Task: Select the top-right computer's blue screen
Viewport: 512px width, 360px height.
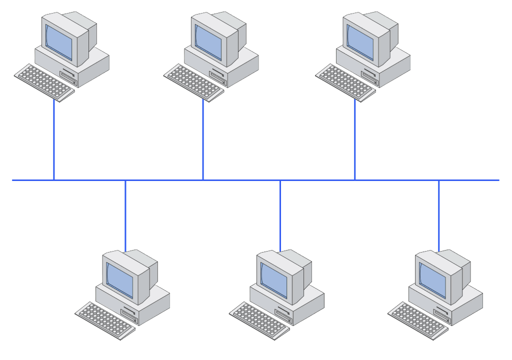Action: (360, 42)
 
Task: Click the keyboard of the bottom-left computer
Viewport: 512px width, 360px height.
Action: (105, 320)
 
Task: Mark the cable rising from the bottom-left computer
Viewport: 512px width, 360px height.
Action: (125, 215)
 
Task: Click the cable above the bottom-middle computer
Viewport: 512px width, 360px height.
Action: (280, 215)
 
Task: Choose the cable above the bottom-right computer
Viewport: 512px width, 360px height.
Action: (439, 215)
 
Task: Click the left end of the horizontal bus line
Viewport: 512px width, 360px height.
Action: (14, 180)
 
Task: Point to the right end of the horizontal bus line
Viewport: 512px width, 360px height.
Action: (497, 180)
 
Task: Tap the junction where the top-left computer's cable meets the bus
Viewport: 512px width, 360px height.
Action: (54, 180)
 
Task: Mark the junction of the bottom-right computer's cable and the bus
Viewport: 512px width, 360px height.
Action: (439, 180)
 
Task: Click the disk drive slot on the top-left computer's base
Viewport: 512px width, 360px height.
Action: (67, 75)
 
